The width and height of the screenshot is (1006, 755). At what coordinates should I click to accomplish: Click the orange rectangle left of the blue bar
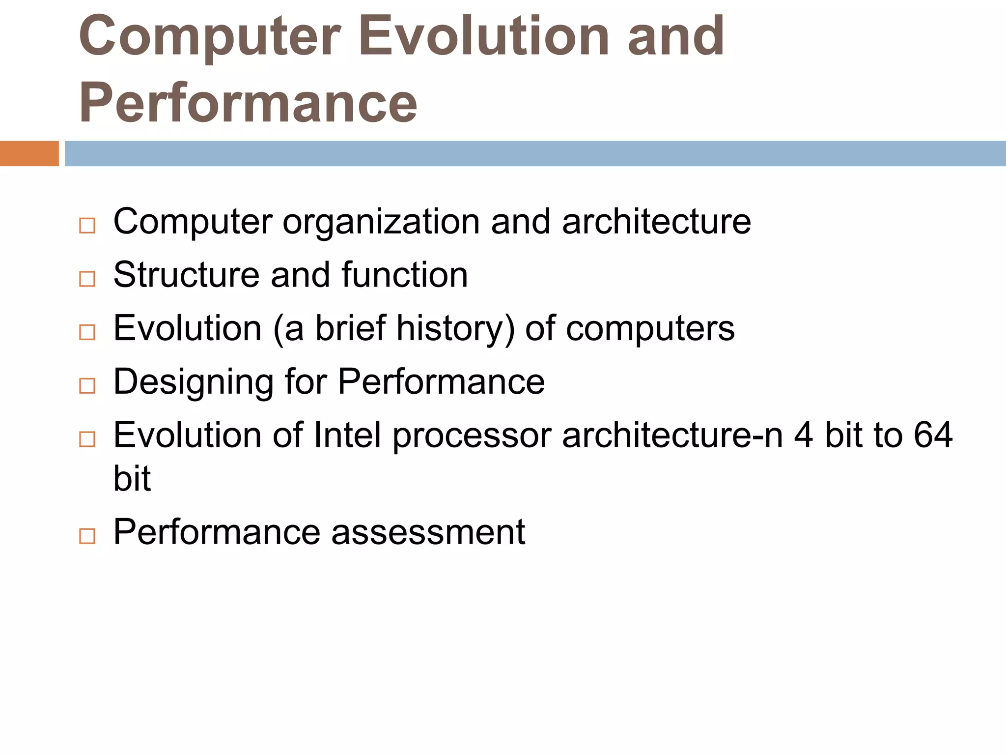(x=29, y=153)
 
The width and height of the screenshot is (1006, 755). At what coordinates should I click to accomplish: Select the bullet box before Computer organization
(x=87, y=226)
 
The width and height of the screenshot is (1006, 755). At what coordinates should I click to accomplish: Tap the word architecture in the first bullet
(x=656, y=222)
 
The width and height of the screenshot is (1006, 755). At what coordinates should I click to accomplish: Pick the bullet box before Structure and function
(x=87, y=279)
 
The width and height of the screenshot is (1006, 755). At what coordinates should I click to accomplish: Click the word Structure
(x=186, y=275)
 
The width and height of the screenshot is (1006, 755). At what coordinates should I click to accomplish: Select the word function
(x=404, y=275)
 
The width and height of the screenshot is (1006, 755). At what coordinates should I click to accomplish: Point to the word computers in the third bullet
(x=650, y=329)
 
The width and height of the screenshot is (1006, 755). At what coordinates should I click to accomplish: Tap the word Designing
(x=193, y=382)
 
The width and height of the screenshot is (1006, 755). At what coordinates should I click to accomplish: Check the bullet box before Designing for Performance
(x=87, y=386)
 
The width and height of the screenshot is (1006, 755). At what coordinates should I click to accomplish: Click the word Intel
(x=347, y=436)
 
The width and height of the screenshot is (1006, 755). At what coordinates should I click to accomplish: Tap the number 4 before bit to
(x=803, y=436)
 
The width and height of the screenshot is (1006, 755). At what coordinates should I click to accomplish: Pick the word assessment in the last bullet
(x=428, y=532)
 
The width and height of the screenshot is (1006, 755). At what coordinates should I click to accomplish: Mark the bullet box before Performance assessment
(x=87, y=536)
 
